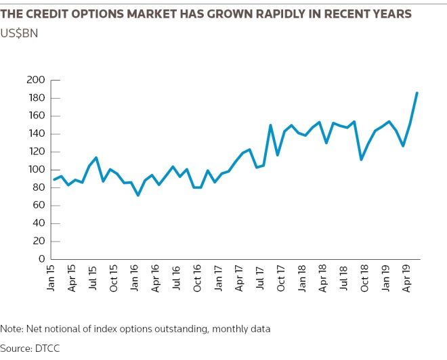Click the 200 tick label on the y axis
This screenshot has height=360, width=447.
click(35, 81)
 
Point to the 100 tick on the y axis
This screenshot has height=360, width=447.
click(35, 170)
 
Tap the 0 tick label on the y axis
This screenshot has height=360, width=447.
click(41, 259)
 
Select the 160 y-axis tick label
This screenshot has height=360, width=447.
click(35, 116)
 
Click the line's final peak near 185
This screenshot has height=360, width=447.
click(417, 93)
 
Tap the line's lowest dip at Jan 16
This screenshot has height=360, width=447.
click(138, 195)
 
